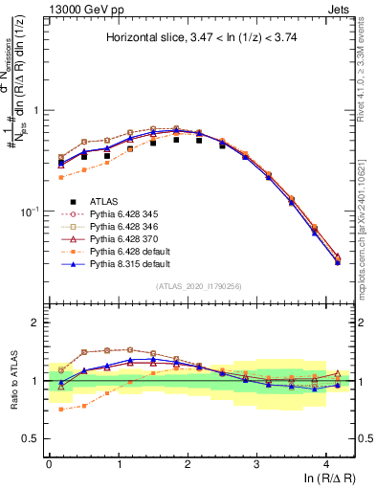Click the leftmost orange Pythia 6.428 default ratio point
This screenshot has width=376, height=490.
(60, 409)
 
